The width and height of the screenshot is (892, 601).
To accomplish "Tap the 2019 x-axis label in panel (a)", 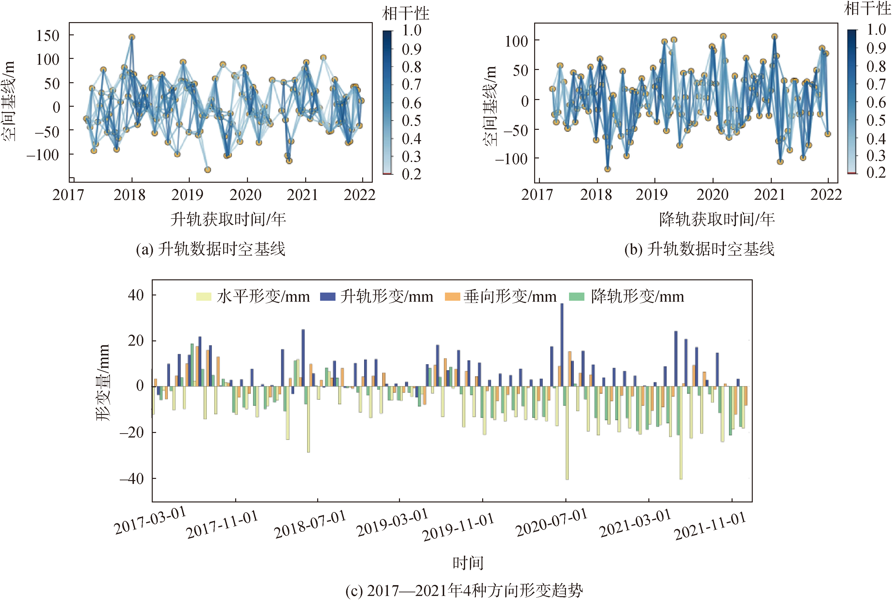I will [187, 195].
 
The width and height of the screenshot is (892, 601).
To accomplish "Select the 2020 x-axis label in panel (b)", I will [712, 195].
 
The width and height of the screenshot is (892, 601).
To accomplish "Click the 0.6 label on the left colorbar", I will [411, 103].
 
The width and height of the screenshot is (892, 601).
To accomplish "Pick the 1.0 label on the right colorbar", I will [876, 30].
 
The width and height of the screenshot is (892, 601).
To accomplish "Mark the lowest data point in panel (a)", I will [208, 170].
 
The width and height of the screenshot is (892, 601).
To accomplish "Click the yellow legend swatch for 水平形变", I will [203, 297].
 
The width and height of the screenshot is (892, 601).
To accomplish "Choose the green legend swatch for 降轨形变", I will [576, 297].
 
